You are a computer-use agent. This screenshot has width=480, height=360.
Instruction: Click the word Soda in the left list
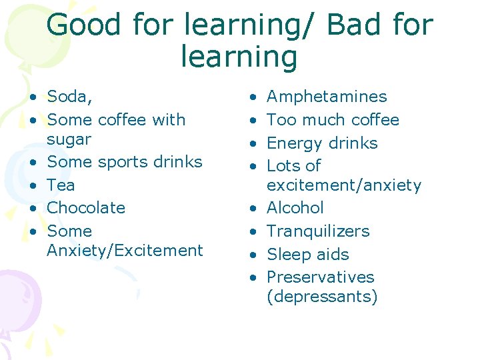pos(67,97)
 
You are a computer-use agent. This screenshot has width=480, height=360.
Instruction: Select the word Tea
pos(61,185)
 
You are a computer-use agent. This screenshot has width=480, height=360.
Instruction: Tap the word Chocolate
pos(86,207)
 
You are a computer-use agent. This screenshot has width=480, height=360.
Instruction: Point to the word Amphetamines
pos(327,97)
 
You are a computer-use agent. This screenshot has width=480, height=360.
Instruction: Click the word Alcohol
pos(295,208)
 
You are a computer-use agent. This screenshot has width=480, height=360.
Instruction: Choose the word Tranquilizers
pos(317,231)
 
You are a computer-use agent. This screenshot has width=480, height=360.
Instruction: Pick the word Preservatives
pos(320,277)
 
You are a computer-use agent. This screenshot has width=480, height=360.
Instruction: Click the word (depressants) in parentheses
pos(321,297)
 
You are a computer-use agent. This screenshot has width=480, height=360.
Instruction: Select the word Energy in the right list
pos(293,143)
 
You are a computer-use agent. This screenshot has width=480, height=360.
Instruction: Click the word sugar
pos(69,139)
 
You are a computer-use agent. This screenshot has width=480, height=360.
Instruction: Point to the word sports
pos(122,162)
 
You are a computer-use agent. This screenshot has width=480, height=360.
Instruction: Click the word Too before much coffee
pos(281,120)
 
